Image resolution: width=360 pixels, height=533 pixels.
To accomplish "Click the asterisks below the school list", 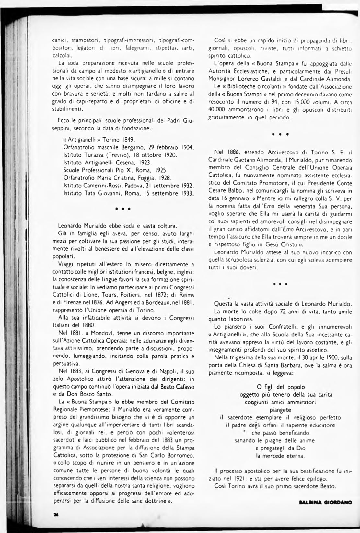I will coord(122,209).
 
